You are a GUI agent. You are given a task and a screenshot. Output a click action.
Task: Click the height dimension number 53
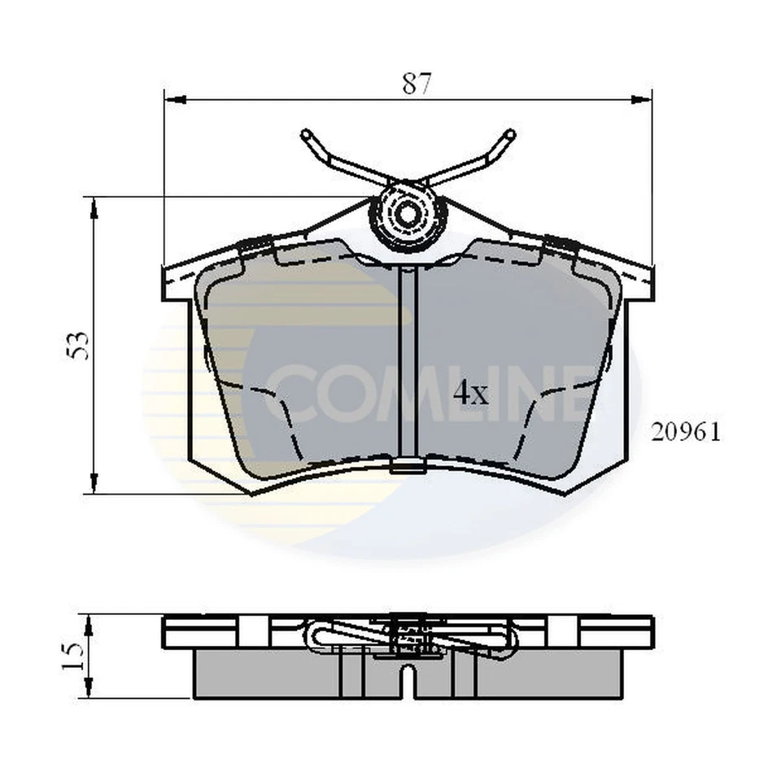tap(79, 346)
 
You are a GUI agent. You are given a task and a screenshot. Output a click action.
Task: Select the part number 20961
tap(685, 432)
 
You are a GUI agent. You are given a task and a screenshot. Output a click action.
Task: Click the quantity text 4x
tap(469, 395)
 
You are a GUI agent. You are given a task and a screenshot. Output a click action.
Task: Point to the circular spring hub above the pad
tap(408, 214)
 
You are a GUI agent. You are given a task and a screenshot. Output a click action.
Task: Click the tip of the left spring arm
tap(306, 134)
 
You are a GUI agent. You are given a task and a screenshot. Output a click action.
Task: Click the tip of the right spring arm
tap(510, 134)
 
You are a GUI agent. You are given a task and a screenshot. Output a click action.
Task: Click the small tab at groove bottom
tap(407, 466)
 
